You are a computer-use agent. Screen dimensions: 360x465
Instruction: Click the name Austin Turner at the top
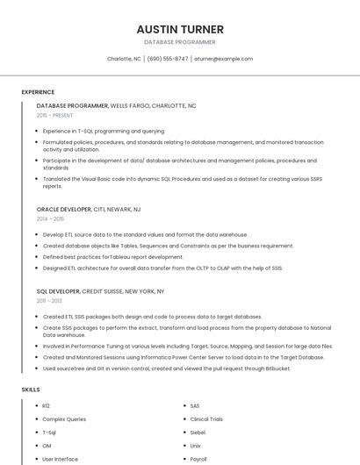179,29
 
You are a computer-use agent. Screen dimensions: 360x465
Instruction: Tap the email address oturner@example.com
224,59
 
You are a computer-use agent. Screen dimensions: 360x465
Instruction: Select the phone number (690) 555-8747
167,59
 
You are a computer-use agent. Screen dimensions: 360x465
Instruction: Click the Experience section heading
38,92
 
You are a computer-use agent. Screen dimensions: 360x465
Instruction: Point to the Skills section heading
31,389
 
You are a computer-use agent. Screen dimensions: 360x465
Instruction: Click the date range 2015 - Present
55,115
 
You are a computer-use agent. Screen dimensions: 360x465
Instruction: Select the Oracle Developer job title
63,210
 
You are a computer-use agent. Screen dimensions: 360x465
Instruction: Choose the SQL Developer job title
58,290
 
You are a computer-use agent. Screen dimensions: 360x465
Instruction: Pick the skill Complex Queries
64,419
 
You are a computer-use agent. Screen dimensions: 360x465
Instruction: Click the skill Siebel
198,433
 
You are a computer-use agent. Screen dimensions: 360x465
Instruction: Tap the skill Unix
196,446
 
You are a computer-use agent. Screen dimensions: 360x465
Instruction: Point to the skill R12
47,406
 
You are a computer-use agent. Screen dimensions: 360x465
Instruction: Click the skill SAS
195,406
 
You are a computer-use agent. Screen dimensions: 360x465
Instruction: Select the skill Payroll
198,459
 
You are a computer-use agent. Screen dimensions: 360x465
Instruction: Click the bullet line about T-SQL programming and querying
104,131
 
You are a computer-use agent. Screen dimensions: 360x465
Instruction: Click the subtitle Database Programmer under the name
179,42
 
